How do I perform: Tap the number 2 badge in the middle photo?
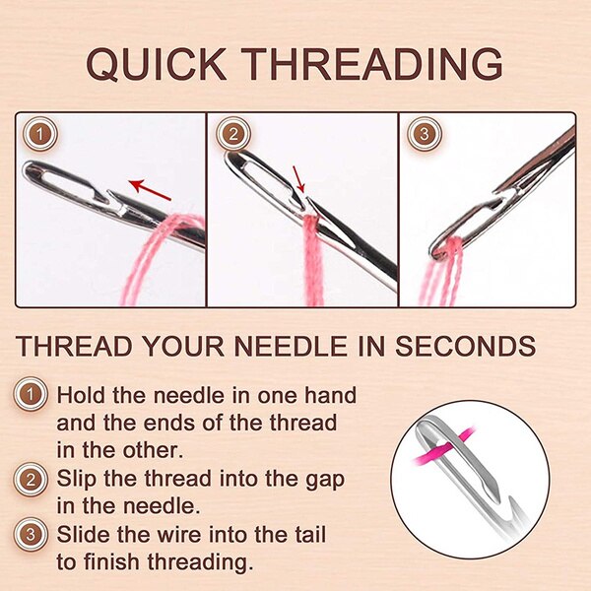pos(231,133)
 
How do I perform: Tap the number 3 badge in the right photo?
pos(424,133)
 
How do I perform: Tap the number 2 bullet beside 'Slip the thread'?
pos(33,480)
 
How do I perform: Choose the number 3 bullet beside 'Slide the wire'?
pos(33,535)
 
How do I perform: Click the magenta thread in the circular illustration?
pos(455,448)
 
